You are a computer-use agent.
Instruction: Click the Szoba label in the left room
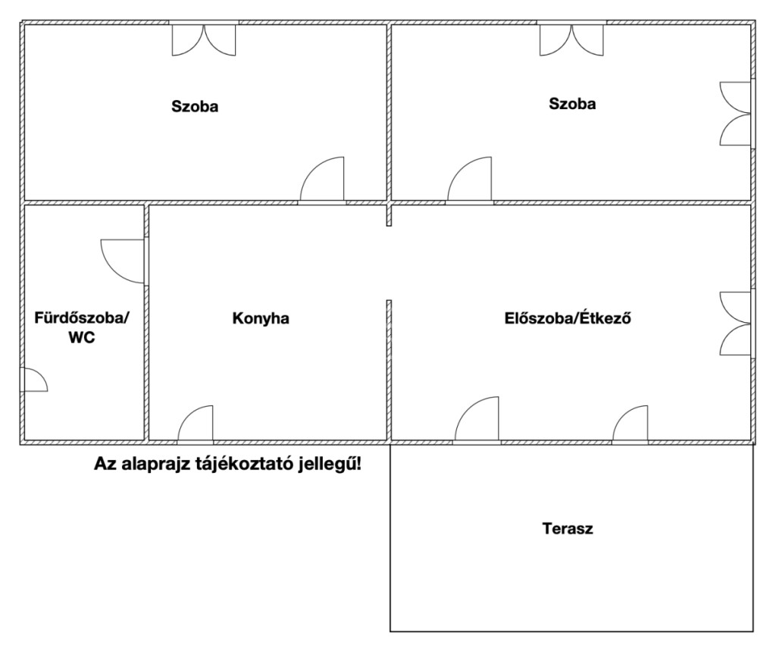(x=195, y=106)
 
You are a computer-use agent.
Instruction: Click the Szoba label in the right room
(x=572, y=104)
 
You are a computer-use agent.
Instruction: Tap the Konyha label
(x=261, y=318)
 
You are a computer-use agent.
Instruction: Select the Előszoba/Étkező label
(x=568, y=318)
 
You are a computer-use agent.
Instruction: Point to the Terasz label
(x=568, y=528)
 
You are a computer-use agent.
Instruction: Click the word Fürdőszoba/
(x=82, y=318)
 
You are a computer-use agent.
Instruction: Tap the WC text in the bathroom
(x=82, y=338)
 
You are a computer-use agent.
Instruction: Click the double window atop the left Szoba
(x=204, y=39)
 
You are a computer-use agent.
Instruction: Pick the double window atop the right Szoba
(x=571, y=39)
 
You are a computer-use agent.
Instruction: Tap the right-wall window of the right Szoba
(x=735, y=114)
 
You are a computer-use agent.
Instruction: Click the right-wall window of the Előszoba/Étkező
(x=735, y=324)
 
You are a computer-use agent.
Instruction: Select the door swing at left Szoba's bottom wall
(x=321, y=179)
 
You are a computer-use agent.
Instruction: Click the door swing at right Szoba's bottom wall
(x=470, y=179)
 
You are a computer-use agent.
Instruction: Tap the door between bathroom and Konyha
(x=123, y=261)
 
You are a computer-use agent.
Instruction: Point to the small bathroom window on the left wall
(x=34, y=380)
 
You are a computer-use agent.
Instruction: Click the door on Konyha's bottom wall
(x=196, y=423)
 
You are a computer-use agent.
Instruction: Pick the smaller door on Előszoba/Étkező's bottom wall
(x=630, y=423)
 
